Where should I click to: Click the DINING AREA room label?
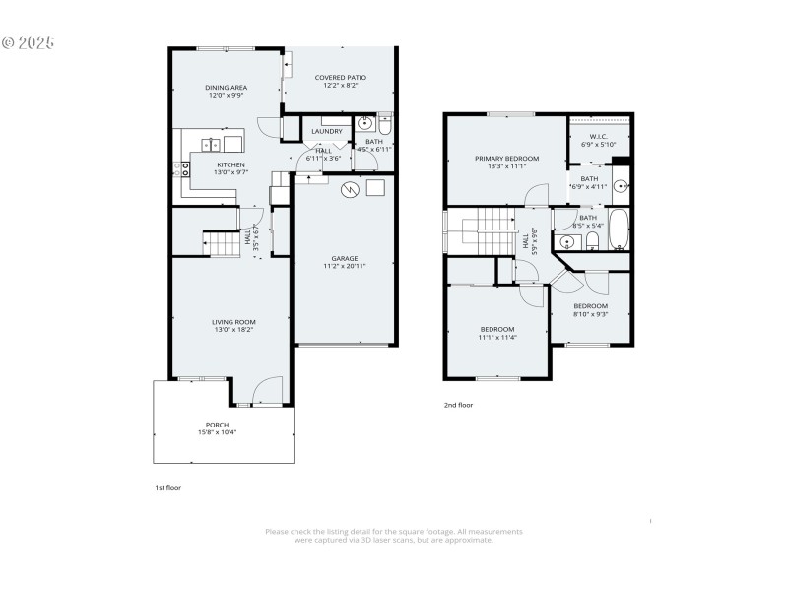[x=227, y=88]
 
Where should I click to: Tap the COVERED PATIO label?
[x=341, y=78]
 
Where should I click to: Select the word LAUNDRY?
[x=327, y=132]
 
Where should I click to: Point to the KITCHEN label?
[x=230, y=164]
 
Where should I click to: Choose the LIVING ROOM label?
[x=233, y=322]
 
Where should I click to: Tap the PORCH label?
[x=217, y=425]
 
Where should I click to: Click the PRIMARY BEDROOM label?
[x=506, y=159]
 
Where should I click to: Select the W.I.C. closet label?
[x=599, y=136]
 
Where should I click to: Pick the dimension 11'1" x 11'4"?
[x=497, y=337]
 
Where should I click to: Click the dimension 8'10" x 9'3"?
[x=591, y=314]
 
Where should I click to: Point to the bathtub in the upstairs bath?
[x=618, y=230]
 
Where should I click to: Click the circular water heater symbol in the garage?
[x=349, y=188]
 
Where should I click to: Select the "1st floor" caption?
[x=167, y=487]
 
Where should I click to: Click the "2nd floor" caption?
[x=458, y=404]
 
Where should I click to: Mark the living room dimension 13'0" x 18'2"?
[x=233, y=330]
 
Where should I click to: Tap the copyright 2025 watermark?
[x=28, y=43]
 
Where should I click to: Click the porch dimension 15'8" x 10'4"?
[x=217, y=432]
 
